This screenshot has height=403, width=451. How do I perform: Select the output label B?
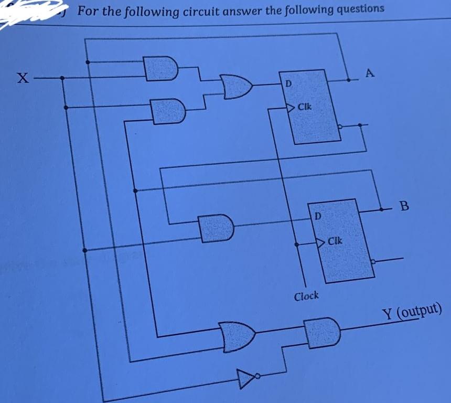(404, 205)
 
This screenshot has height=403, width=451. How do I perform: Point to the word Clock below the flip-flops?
(306, 296)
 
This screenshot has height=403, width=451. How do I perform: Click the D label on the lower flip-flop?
(318, 215)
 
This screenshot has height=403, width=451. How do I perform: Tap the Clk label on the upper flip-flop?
(304, 107)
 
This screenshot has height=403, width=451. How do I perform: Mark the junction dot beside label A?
(349, 80)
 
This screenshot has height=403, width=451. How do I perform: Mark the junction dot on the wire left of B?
(381, 209)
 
